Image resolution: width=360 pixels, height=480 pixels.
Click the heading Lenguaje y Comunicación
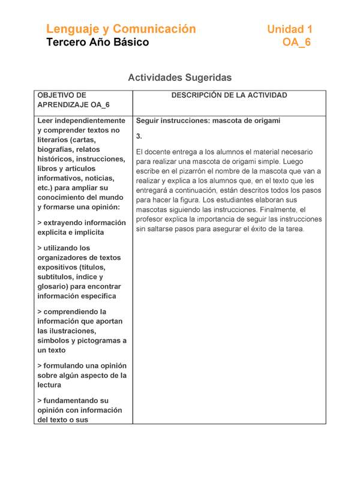tap(121, 29)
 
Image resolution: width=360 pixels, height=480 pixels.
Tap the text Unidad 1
tap(289, 29)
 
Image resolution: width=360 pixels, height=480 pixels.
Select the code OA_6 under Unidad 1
tap(297, 43)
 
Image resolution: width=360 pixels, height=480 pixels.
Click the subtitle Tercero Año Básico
tap(98, 43)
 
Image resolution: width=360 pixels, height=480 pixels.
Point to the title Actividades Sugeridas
tap(180, 78)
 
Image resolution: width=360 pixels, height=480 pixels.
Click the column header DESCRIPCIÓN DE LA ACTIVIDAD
tap(229, 95)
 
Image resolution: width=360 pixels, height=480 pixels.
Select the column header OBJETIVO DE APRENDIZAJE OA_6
tap(73, 100)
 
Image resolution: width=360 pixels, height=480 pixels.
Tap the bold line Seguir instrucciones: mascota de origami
tap(208, 121)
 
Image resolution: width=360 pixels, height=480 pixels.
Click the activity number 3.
tap(139, 136)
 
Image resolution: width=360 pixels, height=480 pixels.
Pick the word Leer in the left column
tap(47, 121)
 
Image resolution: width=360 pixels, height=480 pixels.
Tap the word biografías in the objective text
tap(58, 149)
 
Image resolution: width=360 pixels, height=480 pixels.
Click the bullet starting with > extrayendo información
tap(82, 227)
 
